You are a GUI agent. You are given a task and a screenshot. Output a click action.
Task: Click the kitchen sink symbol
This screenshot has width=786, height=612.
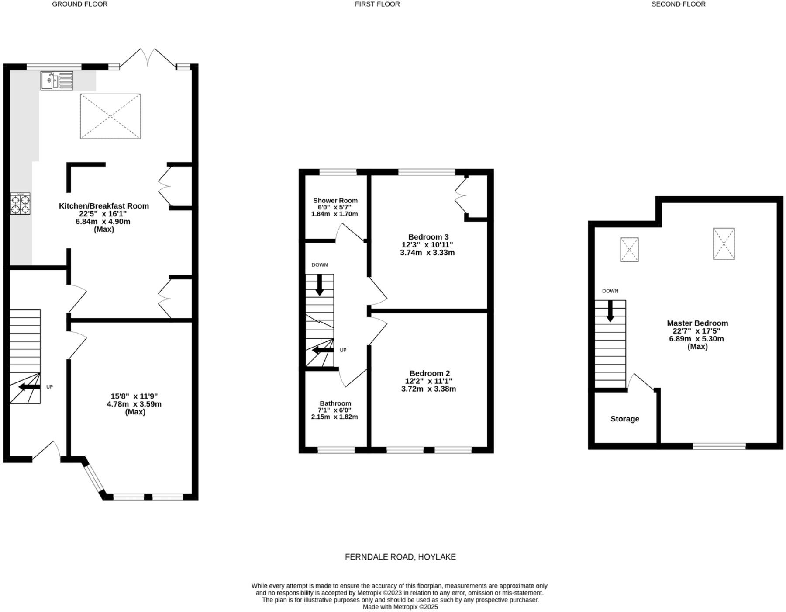[57, 81]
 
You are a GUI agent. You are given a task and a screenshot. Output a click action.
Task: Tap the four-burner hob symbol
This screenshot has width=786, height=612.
[21, 204]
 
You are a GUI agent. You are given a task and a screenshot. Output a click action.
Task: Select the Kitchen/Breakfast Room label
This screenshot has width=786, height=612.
[104, 206]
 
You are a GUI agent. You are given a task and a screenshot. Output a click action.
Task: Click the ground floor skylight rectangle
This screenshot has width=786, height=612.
[110, 116]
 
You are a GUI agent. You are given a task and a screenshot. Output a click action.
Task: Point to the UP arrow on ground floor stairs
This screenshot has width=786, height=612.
[30, 387]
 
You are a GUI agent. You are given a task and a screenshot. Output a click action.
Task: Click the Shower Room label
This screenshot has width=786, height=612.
[335, 201]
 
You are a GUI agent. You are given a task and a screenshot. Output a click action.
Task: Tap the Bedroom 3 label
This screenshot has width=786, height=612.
[428, 237]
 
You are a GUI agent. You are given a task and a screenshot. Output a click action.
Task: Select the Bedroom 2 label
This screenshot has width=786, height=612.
[429, 373]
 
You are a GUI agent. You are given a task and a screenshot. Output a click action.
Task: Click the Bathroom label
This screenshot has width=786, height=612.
[335, 403]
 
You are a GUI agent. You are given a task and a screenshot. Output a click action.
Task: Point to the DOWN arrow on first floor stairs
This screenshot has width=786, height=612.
[320, 285]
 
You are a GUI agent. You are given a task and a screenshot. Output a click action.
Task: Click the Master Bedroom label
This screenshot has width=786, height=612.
[697, 323]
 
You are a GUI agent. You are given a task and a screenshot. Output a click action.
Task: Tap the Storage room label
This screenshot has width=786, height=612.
[624, 419]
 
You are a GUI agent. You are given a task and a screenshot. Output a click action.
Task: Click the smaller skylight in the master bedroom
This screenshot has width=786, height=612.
[629, 250]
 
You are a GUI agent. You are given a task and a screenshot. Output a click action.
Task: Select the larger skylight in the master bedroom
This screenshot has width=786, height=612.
[724, 244]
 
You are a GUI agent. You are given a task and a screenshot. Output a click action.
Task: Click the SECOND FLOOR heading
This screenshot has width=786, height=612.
[678, 4]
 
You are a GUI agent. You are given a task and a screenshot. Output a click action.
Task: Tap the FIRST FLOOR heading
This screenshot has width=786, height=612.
[377, 4]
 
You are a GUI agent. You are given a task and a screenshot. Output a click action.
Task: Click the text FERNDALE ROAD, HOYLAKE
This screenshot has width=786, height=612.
[400, 557]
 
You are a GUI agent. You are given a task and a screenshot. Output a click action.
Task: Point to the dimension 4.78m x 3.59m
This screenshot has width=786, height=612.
[134, 404]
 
